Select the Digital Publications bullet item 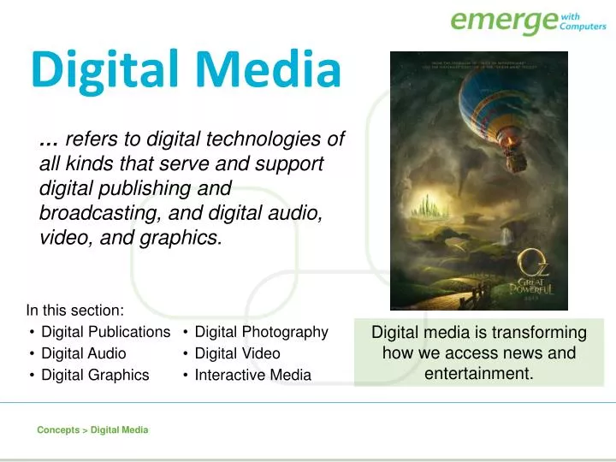click(105, 332)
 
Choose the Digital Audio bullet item click(83, 353)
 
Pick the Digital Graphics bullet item click(95, 375)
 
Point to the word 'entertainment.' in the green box click(479, 374)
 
